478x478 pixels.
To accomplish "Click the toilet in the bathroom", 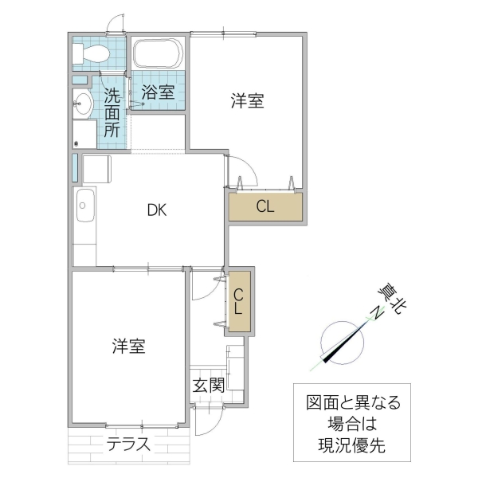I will click(91, 53).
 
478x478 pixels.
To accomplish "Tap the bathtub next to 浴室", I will click(158, 54).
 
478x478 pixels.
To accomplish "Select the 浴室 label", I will click(158, 92).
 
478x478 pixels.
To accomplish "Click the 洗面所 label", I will click(112, 113).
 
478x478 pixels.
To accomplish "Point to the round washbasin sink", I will click(83, 101).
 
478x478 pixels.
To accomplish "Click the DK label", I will click(156, 210).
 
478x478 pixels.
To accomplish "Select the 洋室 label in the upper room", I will click(247, 101).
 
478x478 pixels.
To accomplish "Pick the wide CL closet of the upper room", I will click(266, 206).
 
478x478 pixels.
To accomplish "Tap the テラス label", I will click(129, 444).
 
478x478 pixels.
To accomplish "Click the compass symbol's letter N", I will click(371, 315).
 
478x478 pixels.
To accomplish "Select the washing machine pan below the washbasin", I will click(84, 132).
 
